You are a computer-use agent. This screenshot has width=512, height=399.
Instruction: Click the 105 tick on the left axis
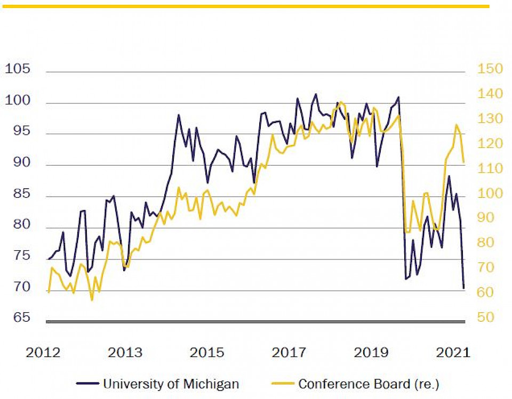click(17, 69)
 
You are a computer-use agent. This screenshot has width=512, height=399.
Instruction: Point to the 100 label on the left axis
click(17, 101)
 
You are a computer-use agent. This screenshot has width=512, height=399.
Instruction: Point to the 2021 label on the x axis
click(453, 352)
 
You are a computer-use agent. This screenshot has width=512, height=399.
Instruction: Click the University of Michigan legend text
click(171, 384)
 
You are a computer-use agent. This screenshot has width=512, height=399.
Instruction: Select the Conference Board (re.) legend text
click(369, 384)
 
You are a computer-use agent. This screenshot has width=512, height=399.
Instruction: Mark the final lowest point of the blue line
click(464, 288)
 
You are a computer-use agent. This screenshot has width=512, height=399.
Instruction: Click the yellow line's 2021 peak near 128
click(457, 125)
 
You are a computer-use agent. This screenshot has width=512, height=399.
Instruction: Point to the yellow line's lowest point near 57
click(92, 300)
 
